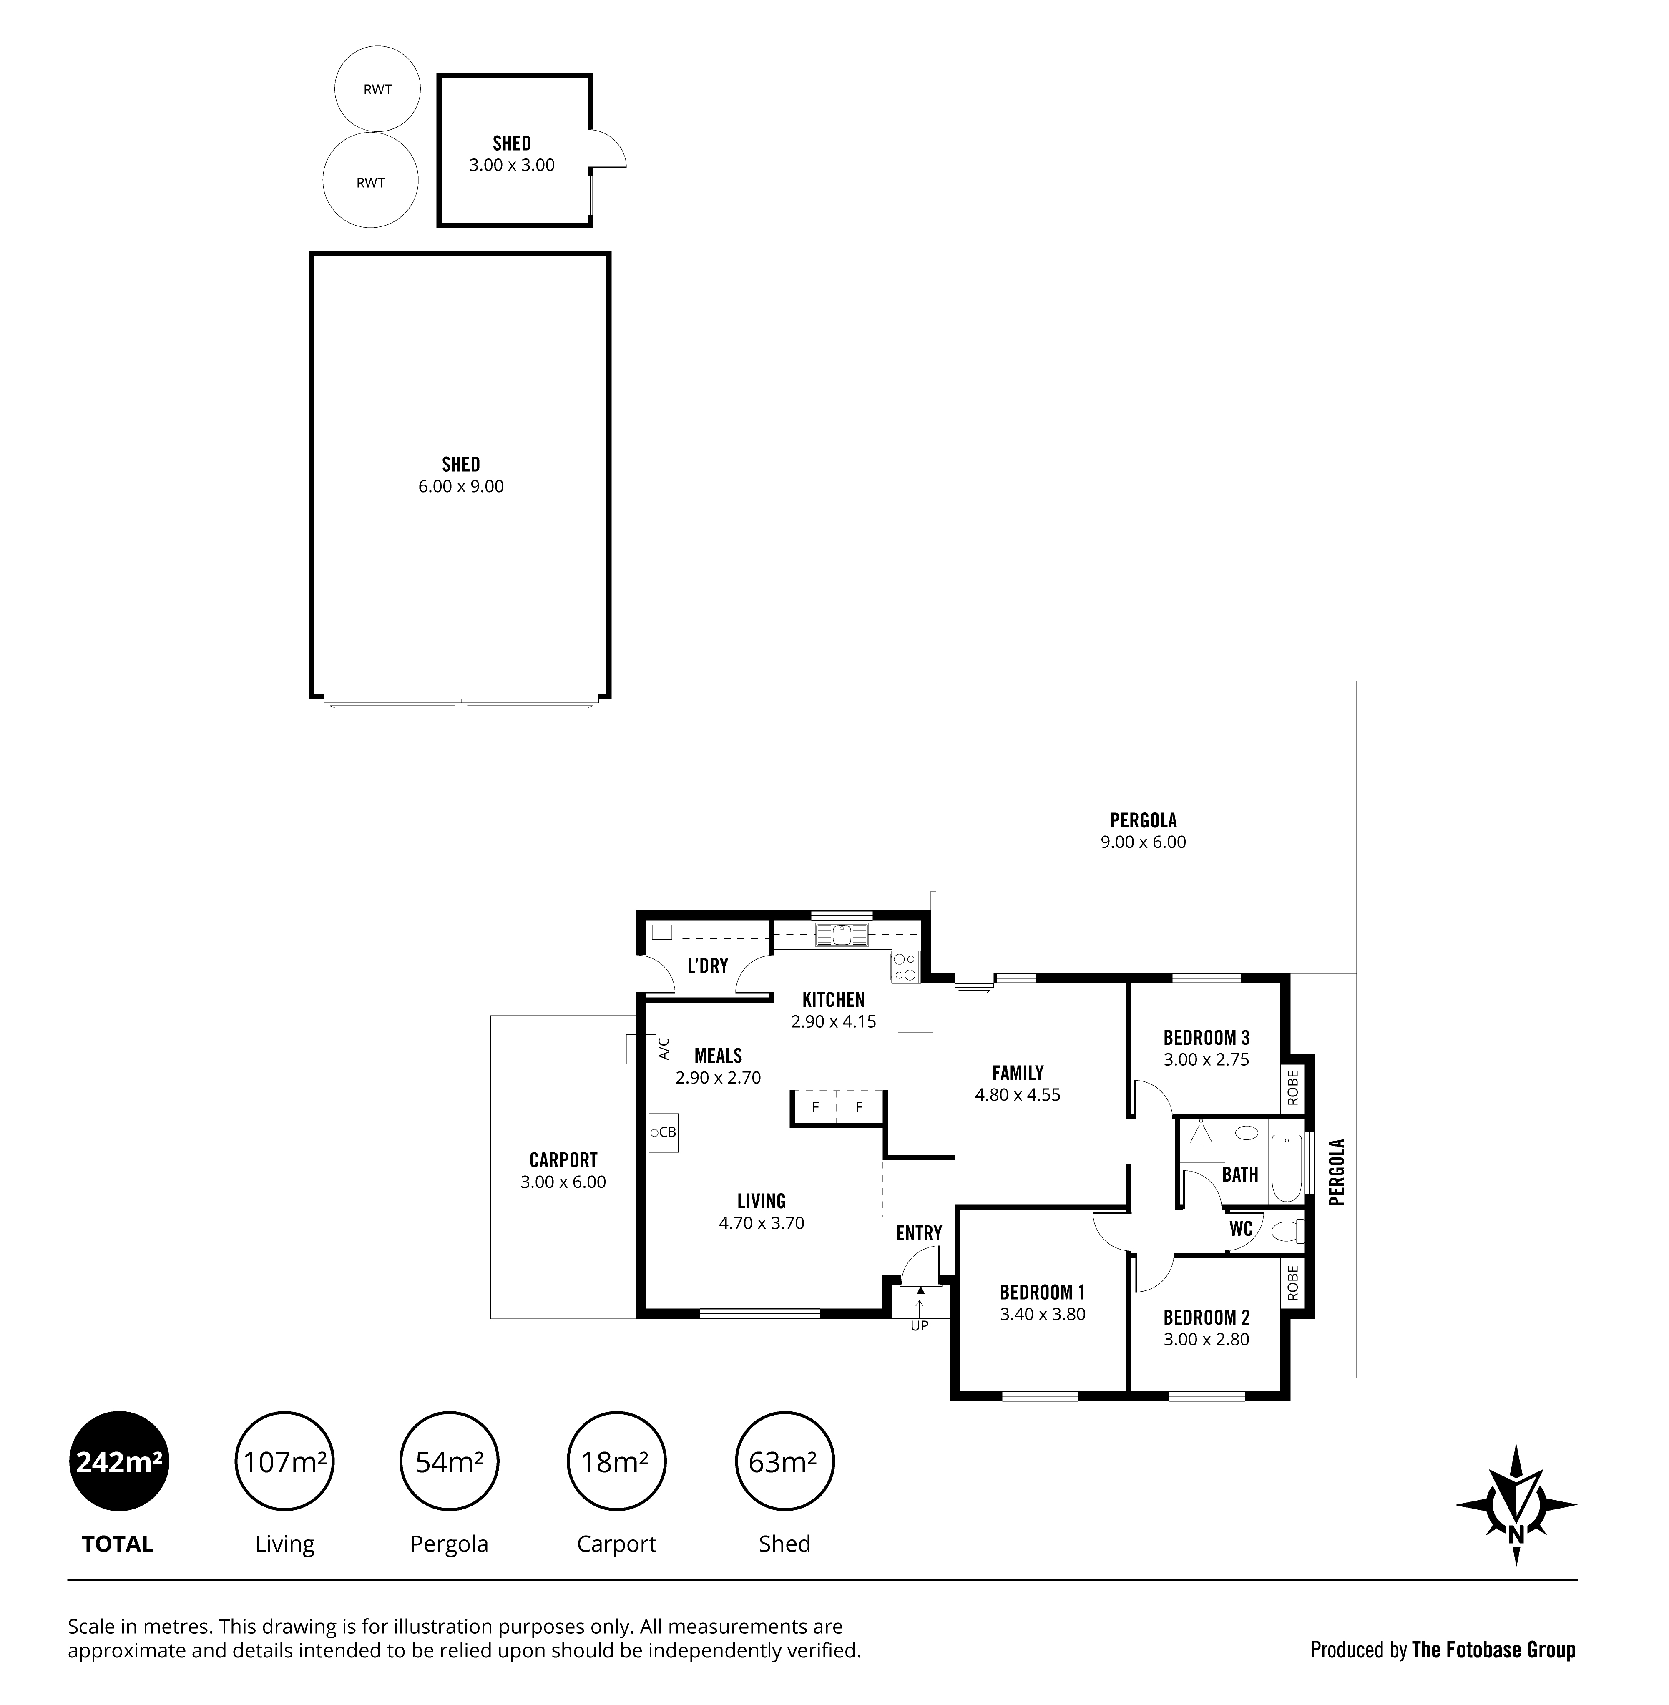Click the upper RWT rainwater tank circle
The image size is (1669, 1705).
pos(378,88)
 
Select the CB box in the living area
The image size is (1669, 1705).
pos(664,1133)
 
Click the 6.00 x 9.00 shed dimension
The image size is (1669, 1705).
pos(461,486)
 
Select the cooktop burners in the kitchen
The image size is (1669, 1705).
pos(905,967)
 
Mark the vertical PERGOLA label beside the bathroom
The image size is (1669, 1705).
pos(1337,1172)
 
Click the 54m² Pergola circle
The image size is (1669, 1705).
pos(450,1461)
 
